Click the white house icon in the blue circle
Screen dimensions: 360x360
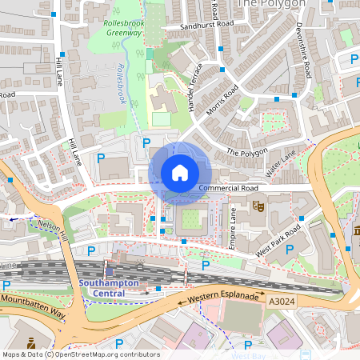[x=180, y=172]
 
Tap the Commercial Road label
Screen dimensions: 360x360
[x=228, y=188]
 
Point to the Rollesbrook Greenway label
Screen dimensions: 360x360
[x=123, y=28]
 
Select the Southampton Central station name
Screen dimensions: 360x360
[x=108, y=288]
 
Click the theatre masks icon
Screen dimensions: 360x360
[x=258, y=206]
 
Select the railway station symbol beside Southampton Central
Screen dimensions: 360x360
[x=110, y=272]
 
